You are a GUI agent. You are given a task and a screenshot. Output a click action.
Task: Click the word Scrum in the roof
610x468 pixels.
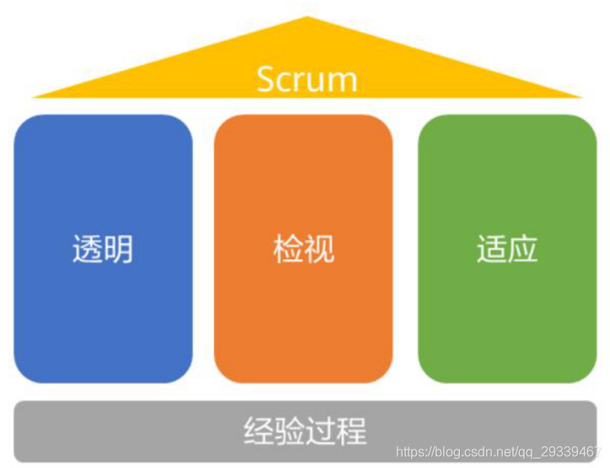tap(307, 78)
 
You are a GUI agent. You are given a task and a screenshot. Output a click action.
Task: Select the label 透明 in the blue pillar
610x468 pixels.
tap(103, 250)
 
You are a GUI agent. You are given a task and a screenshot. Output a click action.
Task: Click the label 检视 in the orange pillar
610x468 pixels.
tap(304, 250)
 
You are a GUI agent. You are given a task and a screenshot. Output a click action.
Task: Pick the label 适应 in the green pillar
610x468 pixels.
tap(507, 250)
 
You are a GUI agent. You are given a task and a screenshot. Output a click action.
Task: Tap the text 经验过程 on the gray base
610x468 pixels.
tap(305, 431)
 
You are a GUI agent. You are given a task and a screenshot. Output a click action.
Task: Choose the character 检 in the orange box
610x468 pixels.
tap(289, 250)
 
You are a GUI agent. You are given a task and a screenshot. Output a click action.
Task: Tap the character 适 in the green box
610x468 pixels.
tap(492, 250)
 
